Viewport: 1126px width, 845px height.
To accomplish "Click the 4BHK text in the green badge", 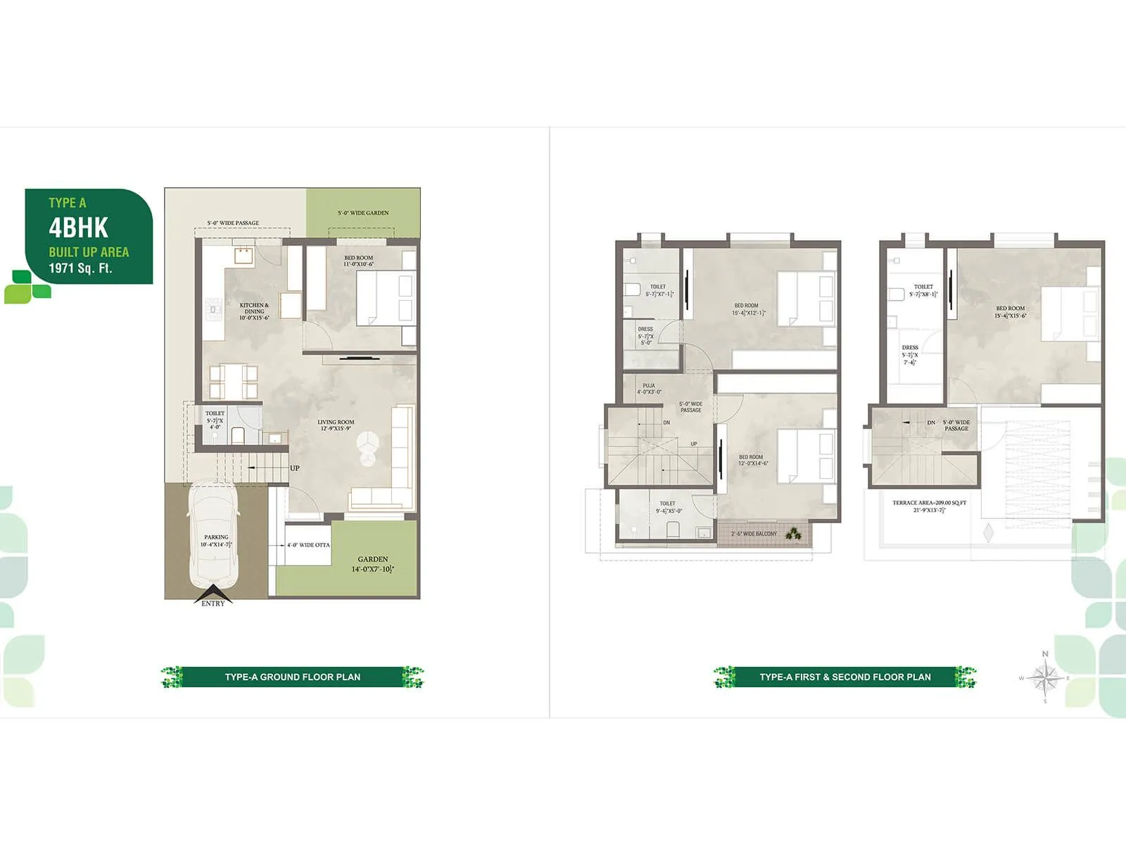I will click(x=78, y=228).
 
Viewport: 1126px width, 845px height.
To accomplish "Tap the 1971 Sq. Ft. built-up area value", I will click(x=80, y=268).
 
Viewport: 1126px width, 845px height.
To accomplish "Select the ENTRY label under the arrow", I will click(x=213, y=603).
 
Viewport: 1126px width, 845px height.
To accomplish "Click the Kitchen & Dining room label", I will click(x=254, y=311).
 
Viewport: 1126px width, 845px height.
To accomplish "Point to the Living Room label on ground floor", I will click(x=336, y=425).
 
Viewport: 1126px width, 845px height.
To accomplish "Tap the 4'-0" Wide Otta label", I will click(x=308, y=545).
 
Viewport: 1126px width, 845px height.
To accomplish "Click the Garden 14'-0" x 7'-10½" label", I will click(x=372, y=564).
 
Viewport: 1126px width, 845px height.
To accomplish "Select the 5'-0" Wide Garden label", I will click(x=362, y=213).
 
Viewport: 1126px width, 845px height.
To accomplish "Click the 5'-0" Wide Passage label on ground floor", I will click(x=233, y=223).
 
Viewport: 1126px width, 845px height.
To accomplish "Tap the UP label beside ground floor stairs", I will click(x=295, y=468).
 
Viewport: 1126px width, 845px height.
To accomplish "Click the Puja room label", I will click(x=649, y=389).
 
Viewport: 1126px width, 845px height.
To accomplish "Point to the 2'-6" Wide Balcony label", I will click(x=754, y=534).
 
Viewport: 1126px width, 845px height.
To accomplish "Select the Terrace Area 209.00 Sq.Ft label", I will click(x=929, y=506).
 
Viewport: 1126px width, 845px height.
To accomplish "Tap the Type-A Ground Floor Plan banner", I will click(x=292, y=677).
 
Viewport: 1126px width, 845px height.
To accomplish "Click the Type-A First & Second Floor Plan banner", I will click(x=844, y=677).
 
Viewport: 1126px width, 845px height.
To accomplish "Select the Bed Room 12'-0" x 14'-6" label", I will click(x=753, y=460).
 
